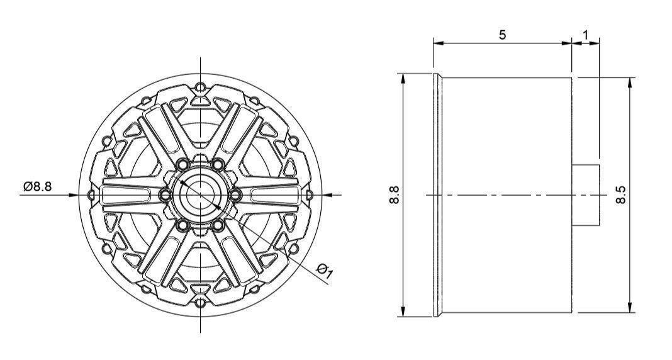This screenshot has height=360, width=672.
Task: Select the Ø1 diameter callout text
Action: pyautogui.click(x=325, y=271)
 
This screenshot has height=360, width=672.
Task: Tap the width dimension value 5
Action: pyautogui.click(x=502, y=35)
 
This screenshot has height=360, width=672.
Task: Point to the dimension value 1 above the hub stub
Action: pyautogui.click(x=586, y=35)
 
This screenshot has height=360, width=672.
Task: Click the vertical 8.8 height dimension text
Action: pyautogui.click(x=394, y=194)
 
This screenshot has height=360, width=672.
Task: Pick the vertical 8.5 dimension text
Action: pyautogui.click(x=620, y=194)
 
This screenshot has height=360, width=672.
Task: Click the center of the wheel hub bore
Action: pyautogui.click(x=200, y=195)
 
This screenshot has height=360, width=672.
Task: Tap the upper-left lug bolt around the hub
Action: pyautogui.click(x=182, y=165)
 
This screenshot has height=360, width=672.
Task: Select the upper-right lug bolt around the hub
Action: pyautogui.click(x=218, y=165)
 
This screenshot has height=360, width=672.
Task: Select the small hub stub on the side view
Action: pyautogui.click(x=586, y=195)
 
